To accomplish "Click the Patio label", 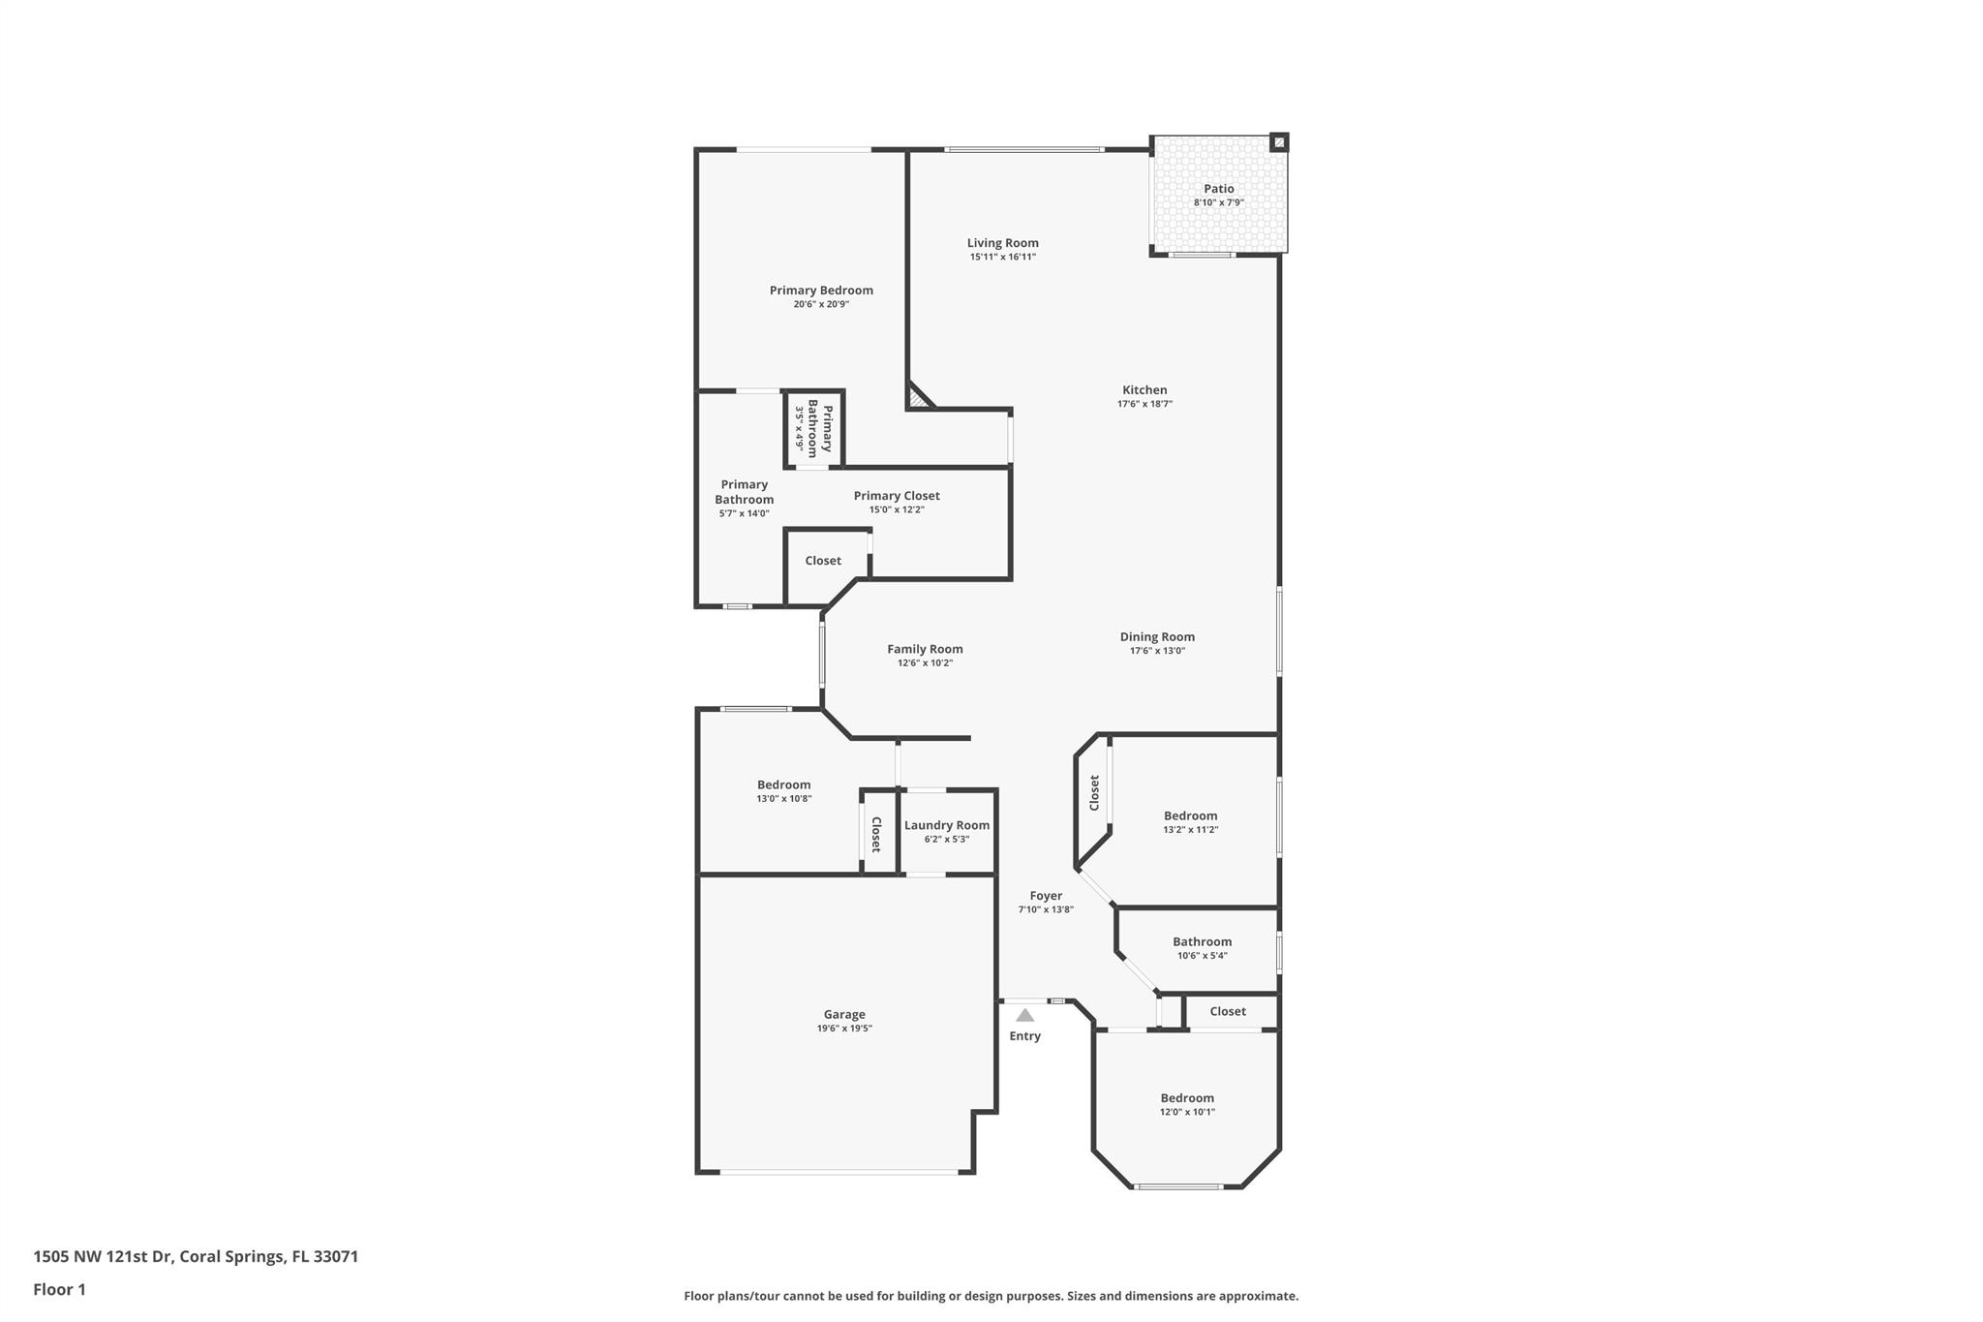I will click(x=1218, y=189).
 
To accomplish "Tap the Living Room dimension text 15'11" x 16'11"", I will click(x=1002, y=257).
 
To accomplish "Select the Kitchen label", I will click(x=1144, y=390).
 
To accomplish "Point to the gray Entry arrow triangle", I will click(x=1024, y=1015).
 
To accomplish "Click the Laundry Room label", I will click(x=946, y=825).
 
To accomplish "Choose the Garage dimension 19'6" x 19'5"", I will click(x=843, y=1029).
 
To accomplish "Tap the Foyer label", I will click(x=1046, y=896).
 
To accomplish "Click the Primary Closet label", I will click(x=896, y=496).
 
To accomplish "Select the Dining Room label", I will click(x=1157, y=636).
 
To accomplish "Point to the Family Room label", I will click(x=925, y=649).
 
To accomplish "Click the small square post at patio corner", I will click(x=1279, y=142).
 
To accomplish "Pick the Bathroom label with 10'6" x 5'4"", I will click(x=1202, y=941).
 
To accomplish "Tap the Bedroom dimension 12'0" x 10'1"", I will click(x=1187, y=1112).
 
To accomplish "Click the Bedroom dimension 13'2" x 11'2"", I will click(x=1190, y=829).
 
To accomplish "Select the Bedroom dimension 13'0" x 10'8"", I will click(x=783, y=798).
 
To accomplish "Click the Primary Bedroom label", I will click(x=821, y=290).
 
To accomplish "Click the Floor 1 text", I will click(x=59, y=1289).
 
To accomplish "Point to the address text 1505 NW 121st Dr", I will click(x=103, y=1256).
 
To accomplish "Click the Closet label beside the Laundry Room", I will click(x=876, y=834).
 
